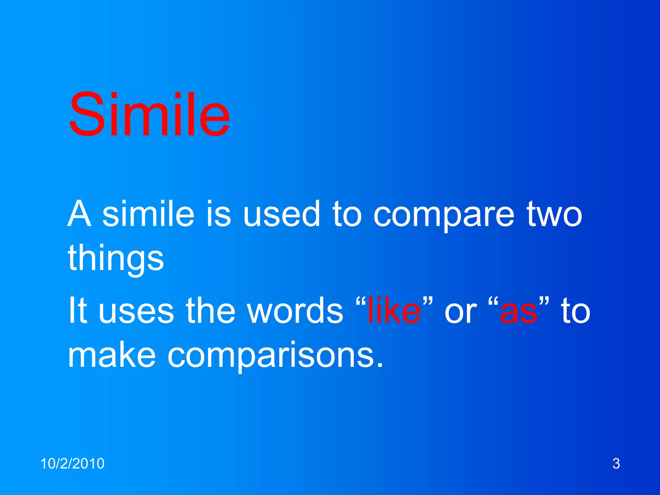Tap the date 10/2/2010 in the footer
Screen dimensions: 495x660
coord(72,464)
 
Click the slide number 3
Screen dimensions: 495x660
coord(616,464)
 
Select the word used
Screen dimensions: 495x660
coord(281,214)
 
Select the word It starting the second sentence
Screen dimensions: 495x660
coord(78,310)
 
